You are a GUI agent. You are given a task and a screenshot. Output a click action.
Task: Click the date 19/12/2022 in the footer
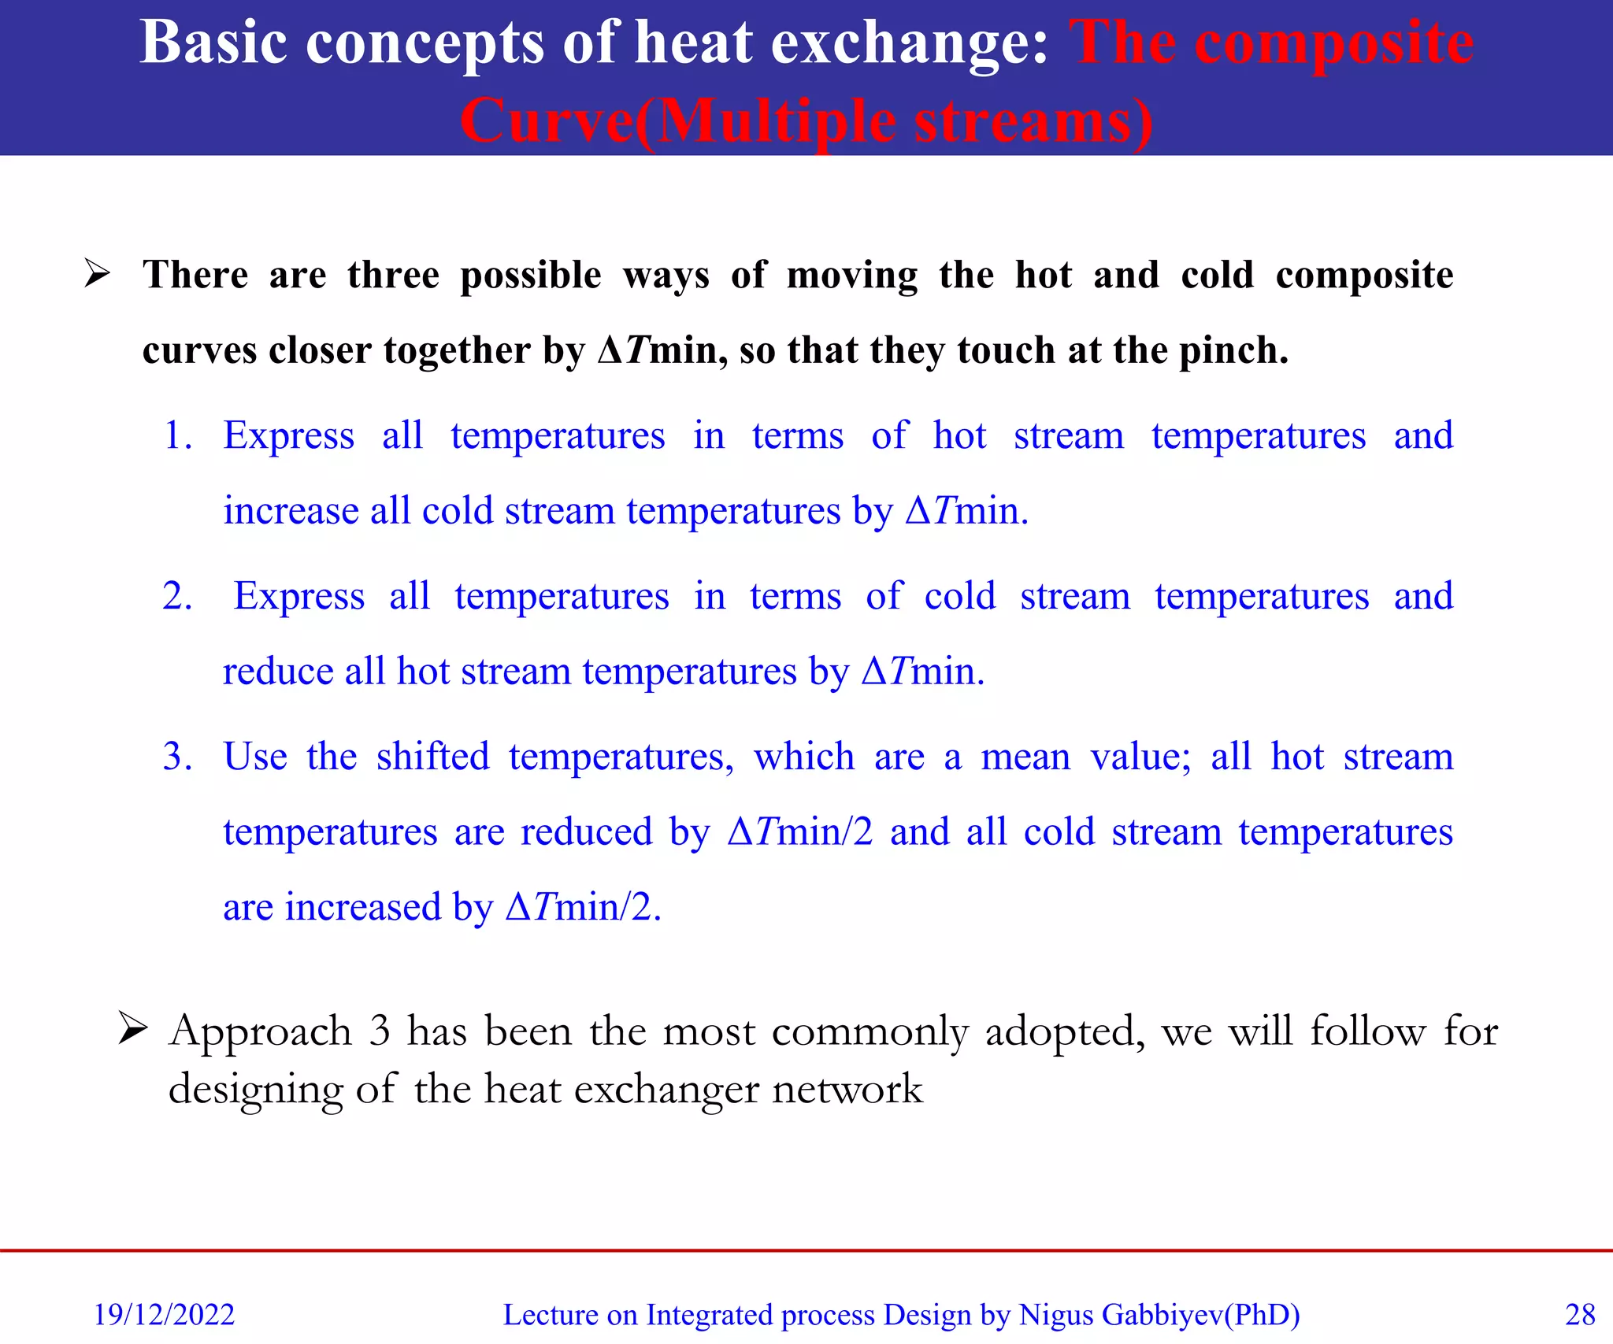tap(164, 1314)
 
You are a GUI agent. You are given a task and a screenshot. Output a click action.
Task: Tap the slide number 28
tap(1580, 1314)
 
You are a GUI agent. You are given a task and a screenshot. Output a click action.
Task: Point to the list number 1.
tap(177, 435)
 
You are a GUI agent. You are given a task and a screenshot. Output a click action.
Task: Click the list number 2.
tap(177, 596)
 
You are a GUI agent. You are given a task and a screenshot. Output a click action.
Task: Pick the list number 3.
tap(177, 757)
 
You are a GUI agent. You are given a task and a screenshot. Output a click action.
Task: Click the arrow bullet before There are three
tap(98, 274)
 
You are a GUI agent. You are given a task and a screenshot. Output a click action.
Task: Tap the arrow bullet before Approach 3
tap(133, 1028)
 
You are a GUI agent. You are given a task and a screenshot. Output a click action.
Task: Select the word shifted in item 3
tap(432, 757)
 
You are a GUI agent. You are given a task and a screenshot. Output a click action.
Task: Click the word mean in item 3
tap(1025, 757)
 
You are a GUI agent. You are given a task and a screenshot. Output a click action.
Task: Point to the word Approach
tap(260, 1031)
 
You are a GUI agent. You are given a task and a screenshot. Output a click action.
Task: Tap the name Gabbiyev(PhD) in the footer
tap(1200, 1314)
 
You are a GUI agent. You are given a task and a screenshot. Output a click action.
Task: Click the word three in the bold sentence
tap(393, 275)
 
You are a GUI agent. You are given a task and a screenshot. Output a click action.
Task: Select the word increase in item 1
tap(291, 511)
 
